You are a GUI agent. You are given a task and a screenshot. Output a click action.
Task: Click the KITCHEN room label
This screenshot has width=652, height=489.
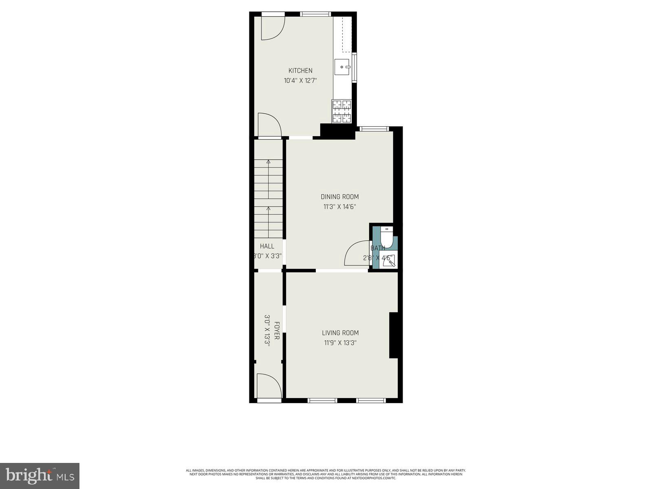click(x=300, y=70)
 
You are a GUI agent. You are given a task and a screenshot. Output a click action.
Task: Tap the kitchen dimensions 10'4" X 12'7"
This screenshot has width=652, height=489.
click(x=300, y=81)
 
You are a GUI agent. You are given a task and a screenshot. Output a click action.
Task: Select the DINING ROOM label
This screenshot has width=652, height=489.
click(x=339, y=197)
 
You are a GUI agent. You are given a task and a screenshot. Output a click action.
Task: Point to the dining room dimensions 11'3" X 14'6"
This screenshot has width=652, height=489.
click(x=339, y=207)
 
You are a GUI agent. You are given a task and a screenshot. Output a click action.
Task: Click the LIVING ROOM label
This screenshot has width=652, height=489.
click(x=340, y=333)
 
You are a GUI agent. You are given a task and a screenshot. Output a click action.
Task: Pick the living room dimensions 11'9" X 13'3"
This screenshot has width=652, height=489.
click(x=340, y=343)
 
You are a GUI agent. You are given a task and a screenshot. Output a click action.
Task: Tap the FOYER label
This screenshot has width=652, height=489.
click(x=277, y=331)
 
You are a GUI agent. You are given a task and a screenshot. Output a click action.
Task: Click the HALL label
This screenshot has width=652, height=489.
click(x=267, y=246)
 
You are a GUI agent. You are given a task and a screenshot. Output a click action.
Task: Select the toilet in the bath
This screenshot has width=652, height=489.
click(x=387, y=238)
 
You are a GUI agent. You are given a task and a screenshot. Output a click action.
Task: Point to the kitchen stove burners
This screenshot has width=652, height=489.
click(x=342, y=111)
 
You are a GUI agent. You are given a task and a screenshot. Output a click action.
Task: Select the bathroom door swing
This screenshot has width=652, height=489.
click(x=357, y=253)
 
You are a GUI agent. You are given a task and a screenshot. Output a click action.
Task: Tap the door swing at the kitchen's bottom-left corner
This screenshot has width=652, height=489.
click(x=269, y=125)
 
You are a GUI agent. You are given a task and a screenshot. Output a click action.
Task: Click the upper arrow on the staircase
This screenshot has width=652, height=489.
click(x=268, y=162)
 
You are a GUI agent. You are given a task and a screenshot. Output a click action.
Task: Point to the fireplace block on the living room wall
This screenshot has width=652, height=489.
click(x=393, y=335)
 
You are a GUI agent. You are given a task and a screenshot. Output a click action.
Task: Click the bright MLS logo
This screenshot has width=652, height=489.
click(x=40, y=475)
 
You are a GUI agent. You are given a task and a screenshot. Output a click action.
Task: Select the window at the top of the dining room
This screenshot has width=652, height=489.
click(x=373, y=129)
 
